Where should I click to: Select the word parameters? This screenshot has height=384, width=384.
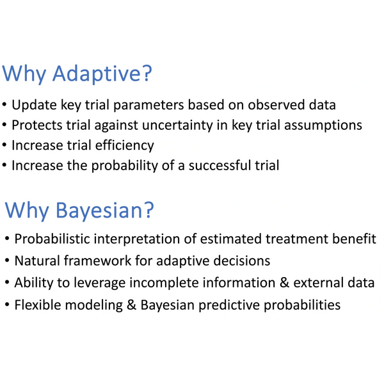[x=148, y=105]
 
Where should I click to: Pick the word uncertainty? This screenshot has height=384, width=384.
[x=177, y=125]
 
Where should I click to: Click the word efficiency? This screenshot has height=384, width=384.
[x=125, y=145]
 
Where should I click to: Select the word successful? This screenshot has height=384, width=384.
[x=220, y=165]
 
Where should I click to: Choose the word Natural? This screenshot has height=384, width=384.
[x=37, y=260]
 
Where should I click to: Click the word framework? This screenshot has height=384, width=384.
[x=97, y=260]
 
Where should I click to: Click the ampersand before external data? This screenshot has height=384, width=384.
[x=284, y=283]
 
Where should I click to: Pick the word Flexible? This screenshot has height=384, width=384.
[x=38, y=305]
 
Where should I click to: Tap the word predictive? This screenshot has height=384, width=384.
[x=229, y=305]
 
